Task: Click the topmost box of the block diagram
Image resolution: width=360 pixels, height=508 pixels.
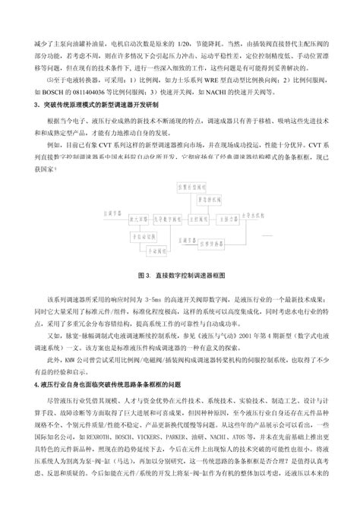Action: (x=192, y=185)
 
